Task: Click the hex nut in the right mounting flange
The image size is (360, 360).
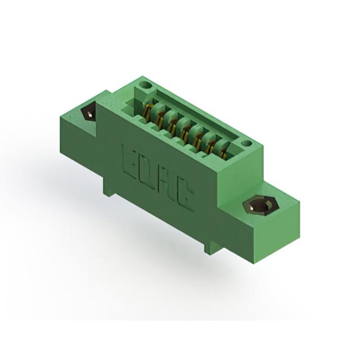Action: pyautogui.click(x=260, y=205)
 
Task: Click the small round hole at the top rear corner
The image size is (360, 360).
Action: pyautogui.click(x=147, y=86)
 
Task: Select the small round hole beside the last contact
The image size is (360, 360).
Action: pyautogui.click(x=247, y=144)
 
